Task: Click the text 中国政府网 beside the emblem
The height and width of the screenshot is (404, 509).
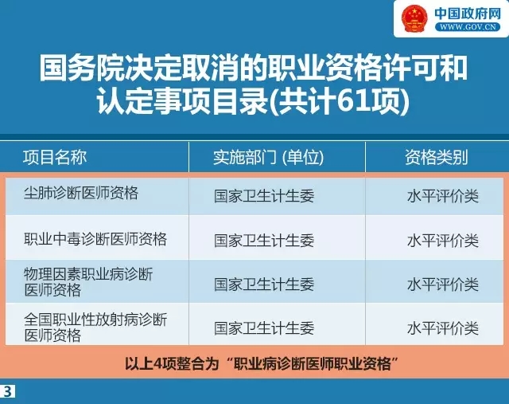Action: [467, 13]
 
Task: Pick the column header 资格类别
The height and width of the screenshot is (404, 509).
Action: [436, 157]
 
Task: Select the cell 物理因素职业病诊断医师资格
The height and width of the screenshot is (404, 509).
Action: [88, 282]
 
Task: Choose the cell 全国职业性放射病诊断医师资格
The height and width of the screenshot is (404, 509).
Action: [95, 327]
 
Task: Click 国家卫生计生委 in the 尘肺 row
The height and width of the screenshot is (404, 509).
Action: [264, 197]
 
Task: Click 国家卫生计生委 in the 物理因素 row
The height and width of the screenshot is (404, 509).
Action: [264, 284]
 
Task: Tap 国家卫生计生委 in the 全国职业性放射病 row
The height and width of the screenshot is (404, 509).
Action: [264, 328]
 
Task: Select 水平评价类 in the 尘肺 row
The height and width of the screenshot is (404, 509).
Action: [443, 197]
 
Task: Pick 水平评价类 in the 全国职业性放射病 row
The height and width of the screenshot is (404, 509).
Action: [443, 328]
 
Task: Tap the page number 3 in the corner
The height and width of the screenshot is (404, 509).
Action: [8, 390]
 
